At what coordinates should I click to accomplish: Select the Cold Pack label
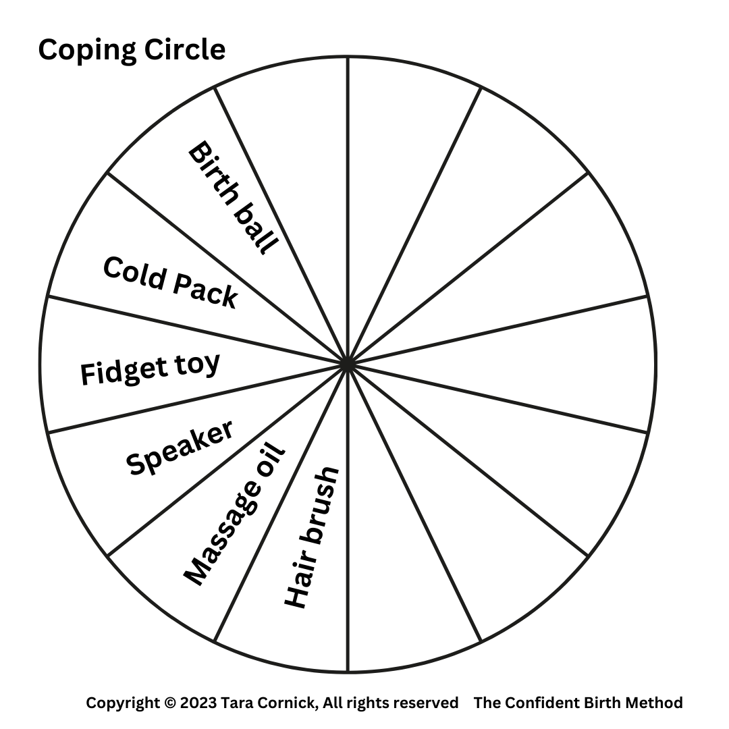click(x=170, y=283)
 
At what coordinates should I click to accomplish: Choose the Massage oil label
click(x=235, y=516)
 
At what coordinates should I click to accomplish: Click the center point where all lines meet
click(x=347, y=364)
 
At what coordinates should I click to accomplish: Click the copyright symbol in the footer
click(x=169, y=703)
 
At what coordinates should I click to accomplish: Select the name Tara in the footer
click(x=236, y=703)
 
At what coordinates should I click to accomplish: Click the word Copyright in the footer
click(x=123, y=703)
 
